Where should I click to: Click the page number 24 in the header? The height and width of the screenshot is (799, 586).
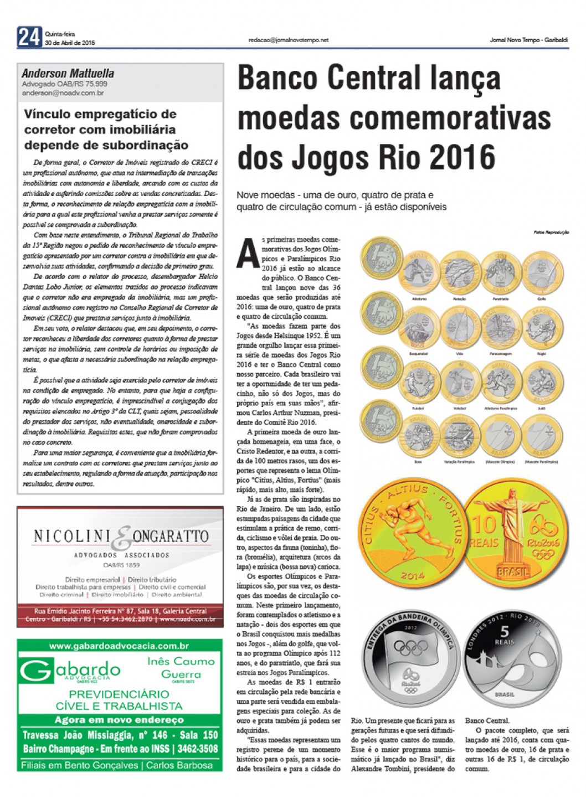click(x=29, y=38)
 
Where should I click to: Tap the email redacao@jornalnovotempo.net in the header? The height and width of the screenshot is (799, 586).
click(x=289, y=40)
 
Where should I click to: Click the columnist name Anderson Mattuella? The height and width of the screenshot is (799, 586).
click(x=68, y=74)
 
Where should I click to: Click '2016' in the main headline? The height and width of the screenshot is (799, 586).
click(x=462, y=157)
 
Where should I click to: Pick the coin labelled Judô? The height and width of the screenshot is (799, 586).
click(x=541, y=383)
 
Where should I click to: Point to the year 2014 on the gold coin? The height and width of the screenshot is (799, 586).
click(x=413, y=576)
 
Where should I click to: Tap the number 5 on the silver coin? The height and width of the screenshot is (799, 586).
click(x=504, y=632)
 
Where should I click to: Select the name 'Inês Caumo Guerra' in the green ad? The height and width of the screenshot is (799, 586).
click(x=181, y=667)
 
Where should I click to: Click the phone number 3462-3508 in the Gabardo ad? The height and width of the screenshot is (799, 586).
click(x=197, y=749)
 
